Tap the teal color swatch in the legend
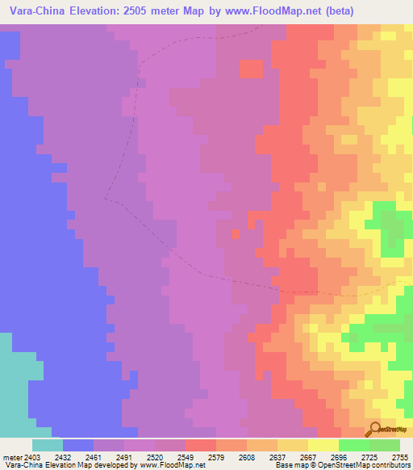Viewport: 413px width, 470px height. tap(48, 444)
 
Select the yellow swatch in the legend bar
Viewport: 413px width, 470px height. tap(323, 444)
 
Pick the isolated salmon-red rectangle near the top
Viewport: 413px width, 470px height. tap(252, 69)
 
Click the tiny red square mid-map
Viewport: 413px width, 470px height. tap(236, 233)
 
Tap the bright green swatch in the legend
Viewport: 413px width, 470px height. tap(354, 444)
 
